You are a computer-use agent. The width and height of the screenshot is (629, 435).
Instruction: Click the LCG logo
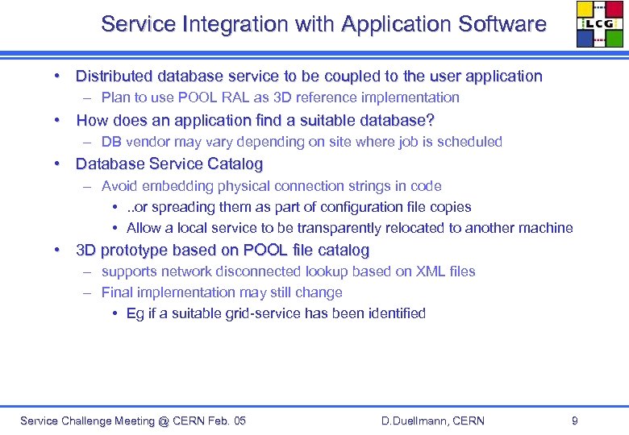tap(600, 24)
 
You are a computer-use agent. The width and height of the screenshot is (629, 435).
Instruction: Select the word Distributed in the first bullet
tap(114, 77)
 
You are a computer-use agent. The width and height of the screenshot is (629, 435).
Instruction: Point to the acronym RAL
tap(252, 97)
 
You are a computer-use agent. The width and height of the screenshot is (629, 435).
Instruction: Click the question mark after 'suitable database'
tap(431, 121)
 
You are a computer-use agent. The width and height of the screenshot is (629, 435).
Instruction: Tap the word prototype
tap(132, 251)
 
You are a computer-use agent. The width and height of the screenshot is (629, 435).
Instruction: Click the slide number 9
tap(574, 420)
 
